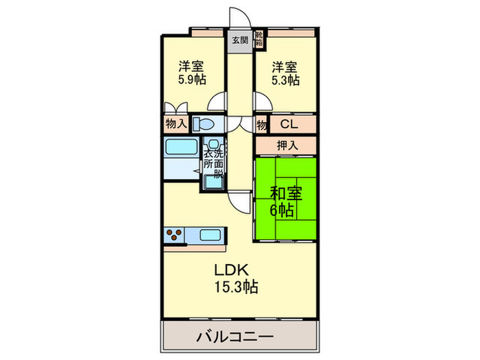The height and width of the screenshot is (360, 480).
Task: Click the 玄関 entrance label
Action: [x=240, y=40]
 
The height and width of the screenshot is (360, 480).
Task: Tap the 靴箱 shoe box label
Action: [x=259, y=38]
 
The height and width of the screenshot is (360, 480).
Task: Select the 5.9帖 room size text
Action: [x=192, y=80]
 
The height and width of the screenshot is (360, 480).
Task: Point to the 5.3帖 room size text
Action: [x=285, y=80]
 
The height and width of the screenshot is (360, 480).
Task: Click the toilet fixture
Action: [x=203, y=124]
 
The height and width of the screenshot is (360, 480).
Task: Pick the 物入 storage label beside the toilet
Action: [x=176, y=124]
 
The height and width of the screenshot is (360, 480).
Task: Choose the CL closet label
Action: [x=289, y=124]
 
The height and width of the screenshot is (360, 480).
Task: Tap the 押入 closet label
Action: [x=287, y=145]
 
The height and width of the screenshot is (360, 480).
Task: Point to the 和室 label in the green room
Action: [x=286, y=193]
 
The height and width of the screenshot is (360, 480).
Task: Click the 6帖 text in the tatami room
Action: [x=282, y=211]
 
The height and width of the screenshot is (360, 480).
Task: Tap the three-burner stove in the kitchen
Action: [x=174, y=235]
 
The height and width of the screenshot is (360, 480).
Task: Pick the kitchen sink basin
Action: [x=210, y=235]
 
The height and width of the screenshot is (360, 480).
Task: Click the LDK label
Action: [x=231, y=270]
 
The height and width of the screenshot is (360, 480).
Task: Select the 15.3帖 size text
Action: [x=236, y=287]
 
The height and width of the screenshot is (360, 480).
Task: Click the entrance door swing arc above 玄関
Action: [x=245, y=14]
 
